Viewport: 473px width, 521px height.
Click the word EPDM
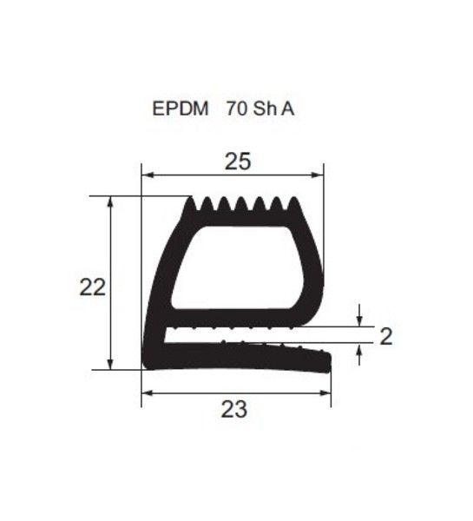(x=181, y=109)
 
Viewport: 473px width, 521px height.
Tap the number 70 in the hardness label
(x=237, y=109)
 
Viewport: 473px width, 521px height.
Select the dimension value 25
(x=238, y=162)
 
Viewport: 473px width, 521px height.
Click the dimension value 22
(x=93, y=287)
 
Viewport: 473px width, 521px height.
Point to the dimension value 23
(x=234, y=409)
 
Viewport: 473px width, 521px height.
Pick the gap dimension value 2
(x=386, y=336)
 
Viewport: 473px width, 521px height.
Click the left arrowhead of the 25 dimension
(x=148, y=175)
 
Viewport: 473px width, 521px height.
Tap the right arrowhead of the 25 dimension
(x=317, y=175)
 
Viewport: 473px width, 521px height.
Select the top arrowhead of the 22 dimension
(x=110, y=202)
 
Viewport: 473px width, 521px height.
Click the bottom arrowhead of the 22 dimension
(x=110, y=364)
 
